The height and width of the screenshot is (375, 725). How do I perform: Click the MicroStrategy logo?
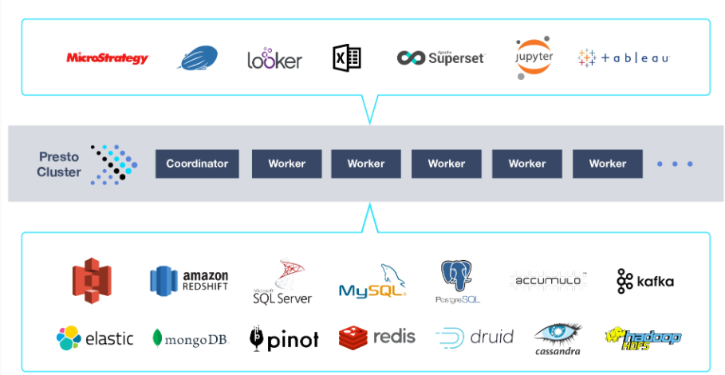[107, 58]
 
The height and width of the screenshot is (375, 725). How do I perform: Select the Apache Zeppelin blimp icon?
[197, 59]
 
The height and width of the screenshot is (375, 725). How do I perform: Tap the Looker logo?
[274, 59]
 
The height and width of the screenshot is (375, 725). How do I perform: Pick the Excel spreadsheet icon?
[347, 57]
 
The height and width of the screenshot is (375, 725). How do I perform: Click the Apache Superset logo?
[440, 57]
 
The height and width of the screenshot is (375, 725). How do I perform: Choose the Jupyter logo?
[533, 58]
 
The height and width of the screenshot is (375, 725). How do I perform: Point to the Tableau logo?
[624, 58]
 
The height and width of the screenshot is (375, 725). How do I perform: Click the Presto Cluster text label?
[59, 164]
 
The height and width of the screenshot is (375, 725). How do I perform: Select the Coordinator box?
[197, 164]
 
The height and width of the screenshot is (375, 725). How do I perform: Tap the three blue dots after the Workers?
[675, 164]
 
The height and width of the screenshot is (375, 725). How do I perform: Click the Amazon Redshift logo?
[189, 280]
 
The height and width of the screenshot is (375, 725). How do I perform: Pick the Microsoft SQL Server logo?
[282, 282]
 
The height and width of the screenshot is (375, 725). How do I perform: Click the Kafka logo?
[645, 281]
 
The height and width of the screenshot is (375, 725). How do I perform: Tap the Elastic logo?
[95, 337]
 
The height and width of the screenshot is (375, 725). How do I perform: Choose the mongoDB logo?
[190, 338]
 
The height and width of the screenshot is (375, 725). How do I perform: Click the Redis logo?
[376, 337]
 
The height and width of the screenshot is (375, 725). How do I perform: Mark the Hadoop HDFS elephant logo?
[643, 337]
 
